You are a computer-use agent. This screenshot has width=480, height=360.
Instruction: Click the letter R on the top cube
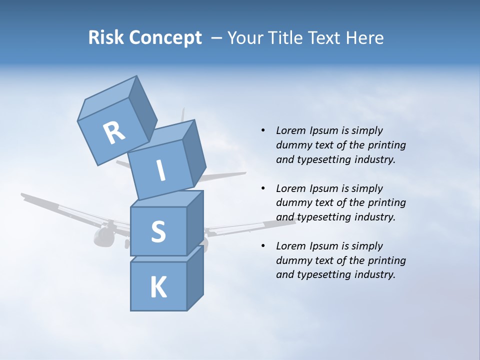[114, 133]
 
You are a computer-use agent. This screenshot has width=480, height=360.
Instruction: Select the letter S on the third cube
[158, 231]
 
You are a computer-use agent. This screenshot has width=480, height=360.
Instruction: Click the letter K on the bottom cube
[158, 287]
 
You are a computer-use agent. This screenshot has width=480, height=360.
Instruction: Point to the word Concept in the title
[166, 38]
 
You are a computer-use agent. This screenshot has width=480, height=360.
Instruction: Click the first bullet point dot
[263, 130]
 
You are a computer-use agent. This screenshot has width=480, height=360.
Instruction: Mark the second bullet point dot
[263, 188]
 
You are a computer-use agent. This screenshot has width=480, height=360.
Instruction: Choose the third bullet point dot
[263, 246]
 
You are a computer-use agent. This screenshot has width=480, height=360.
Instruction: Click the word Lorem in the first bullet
[291, 130]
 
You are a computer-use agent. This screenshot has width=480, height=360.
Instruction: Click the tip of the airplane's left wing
[23, 195]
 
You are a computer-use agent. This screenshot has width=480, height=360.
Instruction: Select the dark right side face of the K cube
[195, 280]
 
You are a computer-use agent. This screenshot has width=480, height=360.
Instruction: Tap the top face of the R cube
[107, 100]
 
